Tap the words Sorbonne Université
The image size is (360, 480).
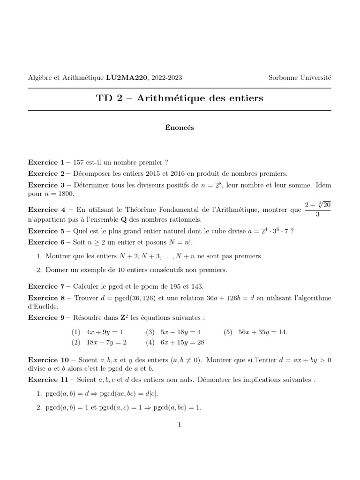[x=300, y=78]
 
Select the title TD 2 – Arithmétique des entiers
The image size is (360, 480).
[x=180, y=98]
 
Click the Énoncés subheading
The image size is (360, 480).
[x=180, y=127]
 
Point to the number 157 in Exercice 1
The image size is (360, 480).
[x=79, y=163]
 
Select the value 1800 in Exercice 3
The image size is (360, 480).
[x=66, y=193]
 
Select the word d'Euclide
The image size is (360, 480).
[x=44, y=307]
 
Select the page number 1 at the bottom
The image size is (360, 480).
[x=180, y=425]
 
